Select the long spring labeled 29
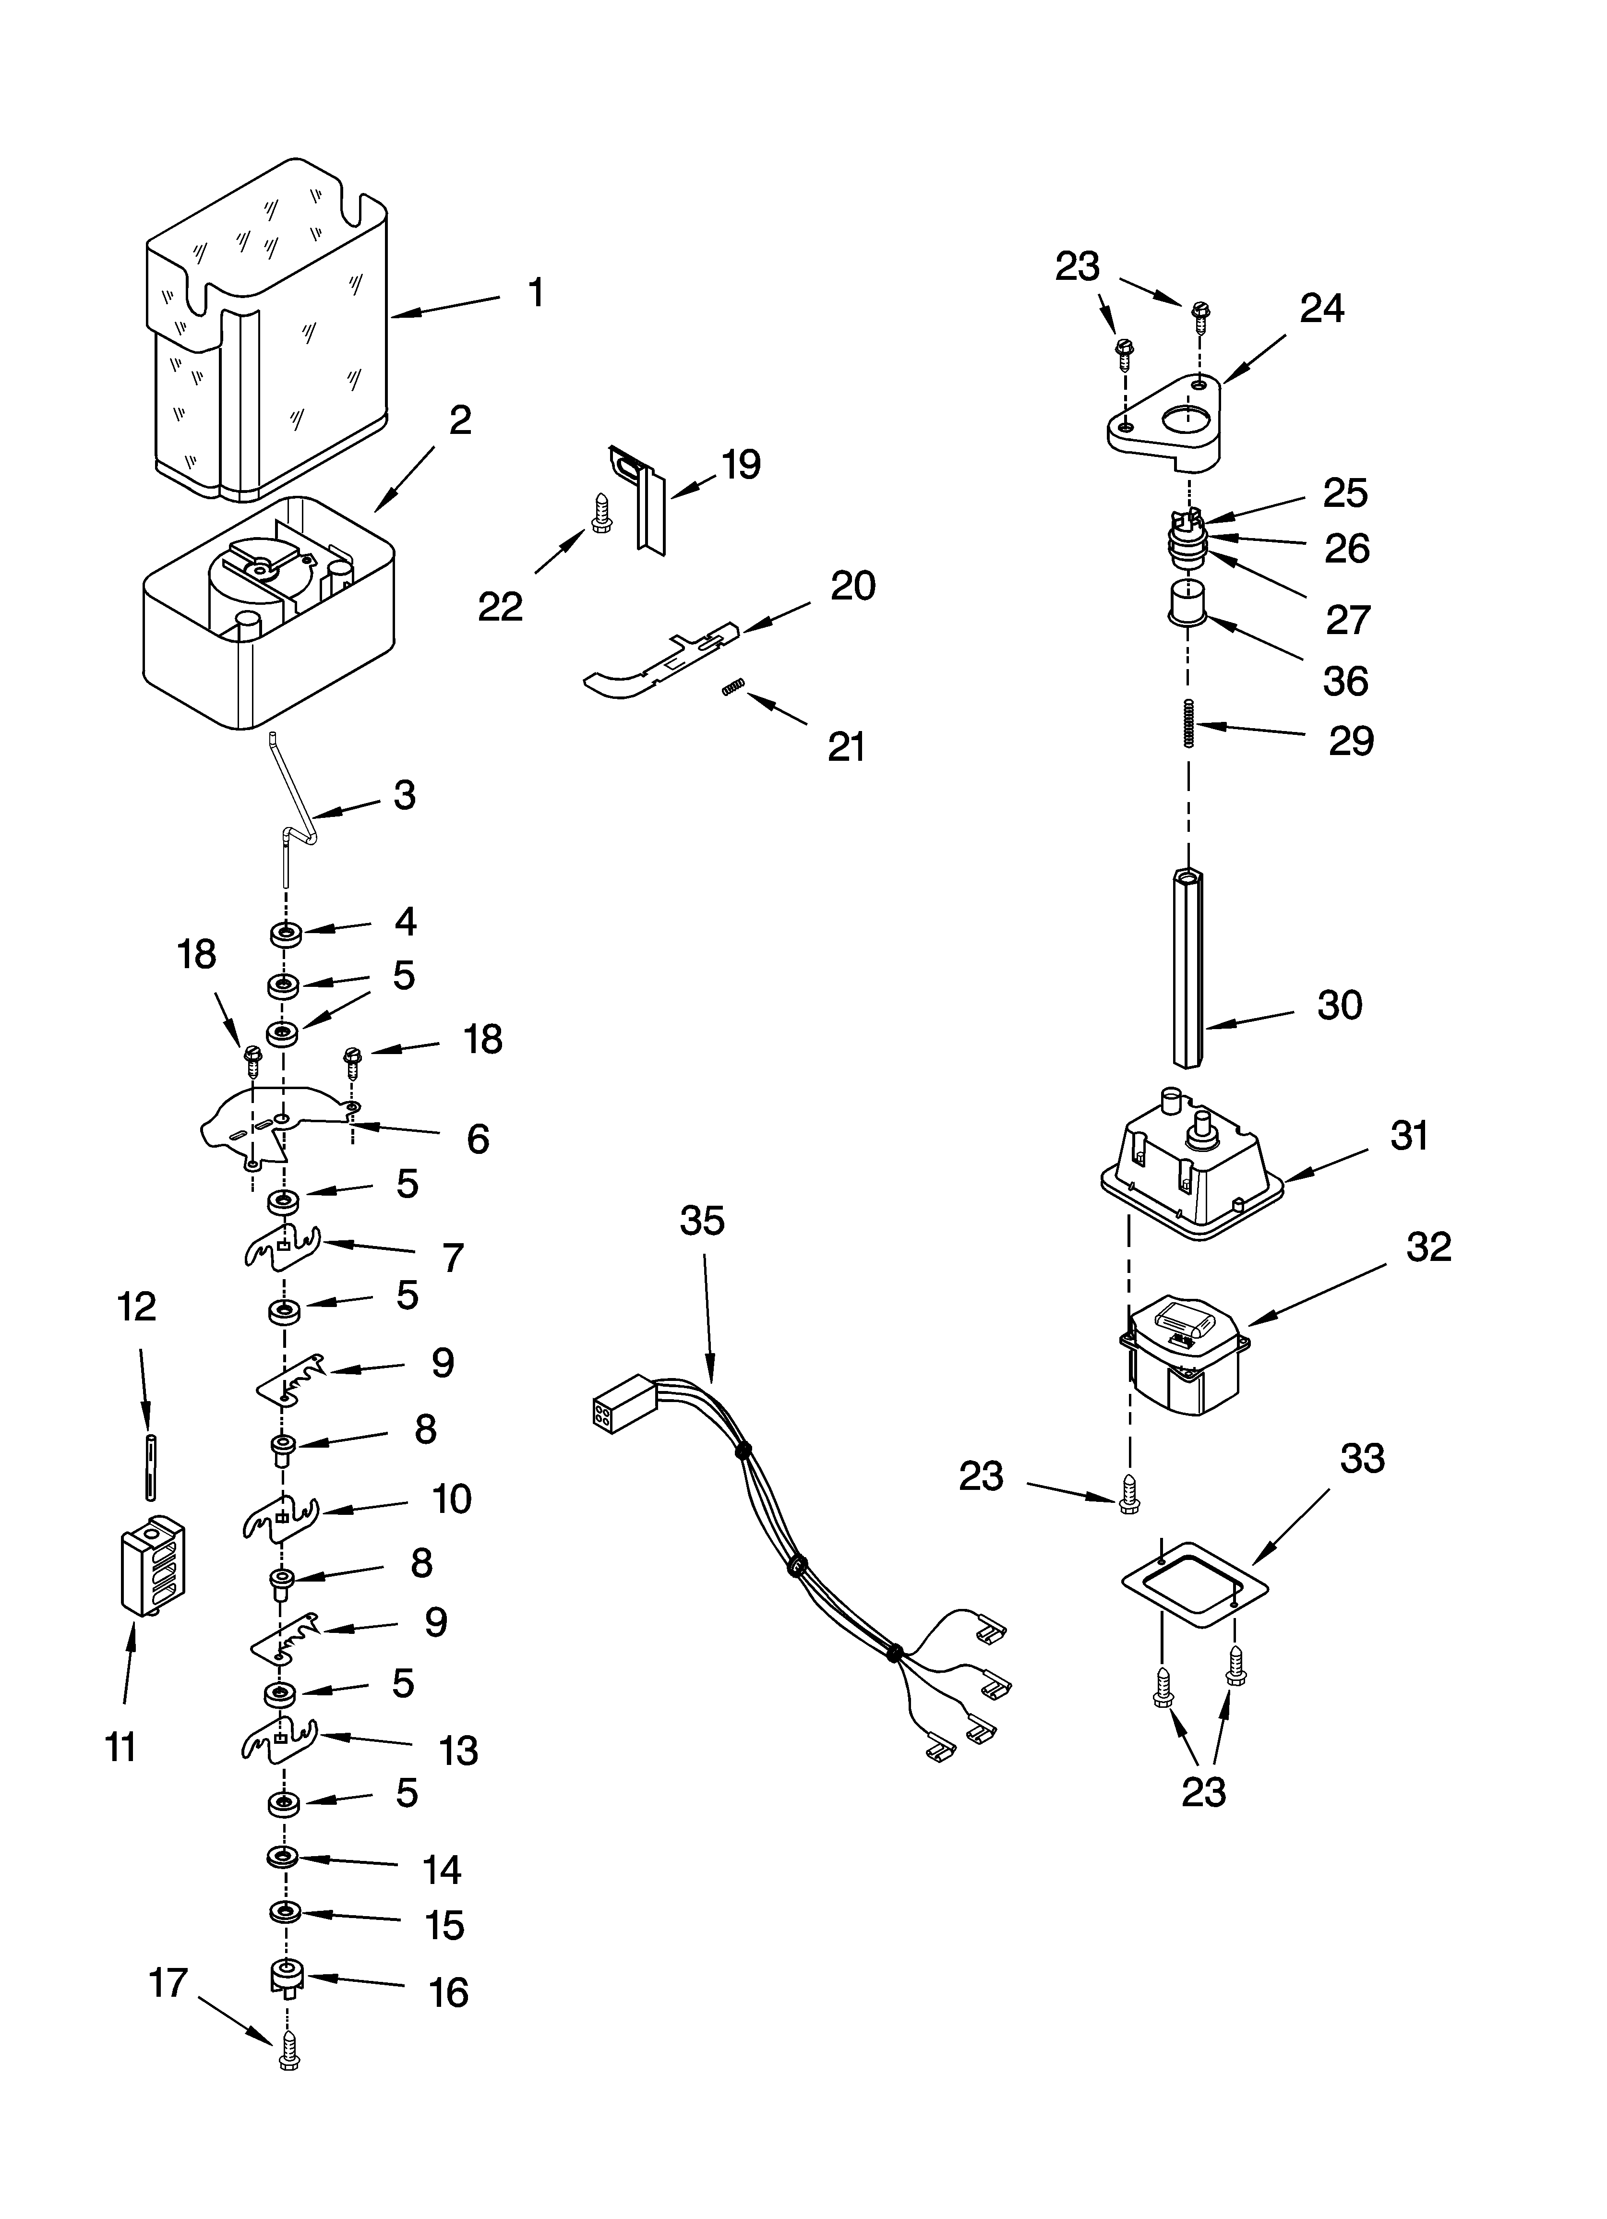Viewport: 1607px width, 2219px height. coord(1189,724)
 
